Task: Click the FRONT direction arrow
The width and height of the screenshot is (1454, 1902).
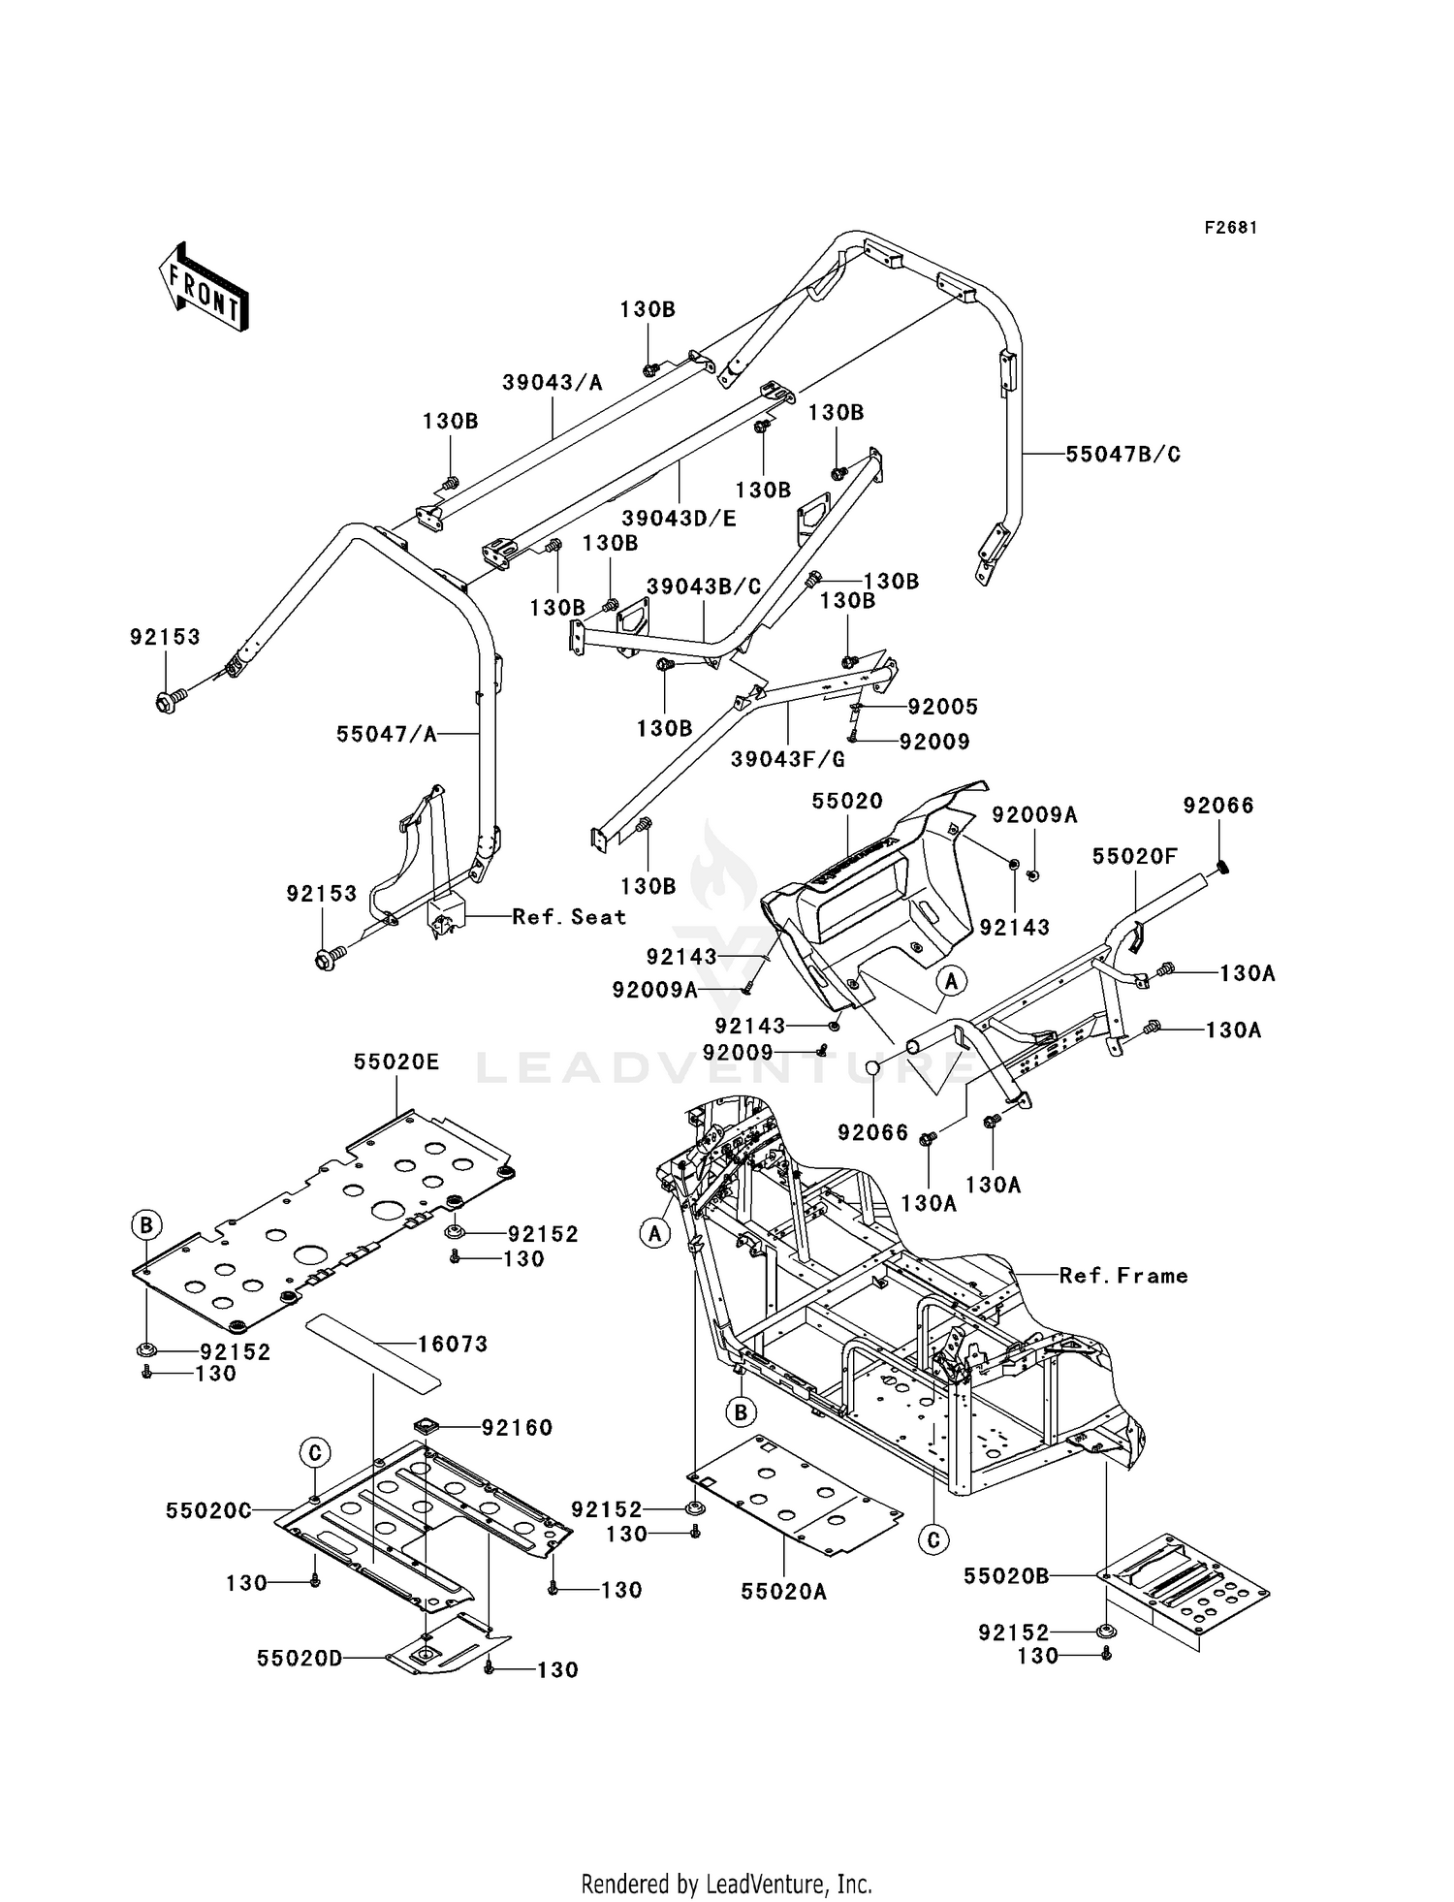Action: click(x=204, y=289)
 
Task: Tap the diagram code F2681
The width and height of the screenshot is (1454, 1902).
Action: click(x=1231, y=228)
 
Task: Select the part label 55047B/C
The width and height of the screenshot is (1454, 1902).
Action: click(x=1122, y=455)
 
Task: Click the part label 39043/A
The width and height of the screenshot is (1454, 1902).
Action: click(x=553, y=383)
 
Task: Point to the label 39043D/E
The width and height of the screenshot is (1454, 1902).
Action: click(x=679, y=519)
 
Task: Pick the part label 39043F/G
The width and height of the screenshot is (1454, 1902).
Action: click(x=788, y=759)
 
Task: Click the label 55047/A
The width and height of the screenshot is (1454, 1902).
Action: click(x=387, y=735)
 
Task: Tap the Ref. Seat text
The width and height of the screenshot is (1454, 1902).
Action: click(x=569, y=917)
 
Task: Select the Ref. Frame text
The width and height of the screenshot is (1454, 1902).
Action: click(x=1123, y=1276)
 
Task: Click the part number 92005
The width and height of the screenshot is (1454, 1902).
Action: click(x=942, y=707)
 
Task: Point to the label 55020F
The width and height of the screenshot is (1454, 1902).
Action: click(x=1135, y=857)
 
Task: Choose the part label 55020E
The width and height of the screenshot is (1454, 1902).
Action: click(x=396, y=1062)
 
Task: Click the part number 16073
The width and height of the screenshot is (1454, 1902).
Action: click(x=453, y=1344)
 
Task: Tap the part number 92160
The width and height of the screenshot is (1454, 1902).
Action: click(x=518, y=1427)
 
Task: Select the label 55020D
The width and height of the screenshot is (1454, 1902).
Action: click(x=300, y=1659)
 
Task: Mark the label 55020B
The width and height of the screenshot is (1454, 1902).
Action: click(x=1006, y=1576)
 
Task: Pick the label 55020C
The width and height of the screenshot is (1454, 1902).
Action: click(x=208, y=1510)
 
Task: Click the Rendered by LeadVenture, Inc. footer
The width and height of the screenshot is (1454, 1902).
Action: click(x=727, y=1885)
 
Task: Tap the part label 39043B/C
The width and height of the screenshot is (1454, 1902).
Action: click(x=704, y=587)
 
